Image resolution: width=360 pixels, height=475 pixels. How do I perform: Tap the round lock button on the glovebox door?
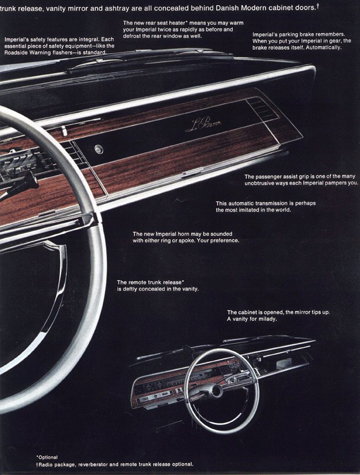pos(98,149)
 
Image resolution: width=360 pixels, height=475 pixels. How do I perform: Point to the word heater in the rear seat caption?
pos(172,23)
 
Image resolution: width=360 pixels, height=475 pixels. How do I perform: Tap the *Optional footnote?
pos(47,457)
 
